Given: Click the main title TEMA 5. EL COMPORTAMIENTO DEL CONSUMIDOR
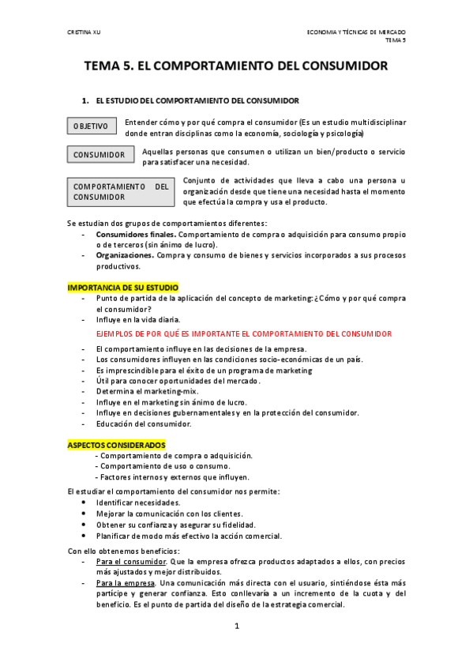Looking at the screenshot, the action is tap(236, 67).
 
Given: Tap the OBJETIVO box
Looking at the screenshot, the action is tap(92, 126).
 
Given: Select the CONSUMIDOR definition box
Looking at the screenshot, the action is tap(99, 155).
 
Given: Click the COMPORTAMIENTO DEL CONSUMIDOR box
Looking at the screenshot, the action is tap(121, 191).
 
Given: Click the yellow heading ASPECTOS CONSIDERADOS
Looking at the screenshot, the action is tap(116, 445).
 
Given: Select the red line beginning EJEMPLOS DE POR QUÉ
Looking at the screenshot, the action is tap(243, 334).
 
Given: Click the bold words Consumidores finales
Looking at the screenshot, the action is tap(134, 235).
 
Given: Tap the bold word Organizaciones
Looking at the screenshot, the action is tap(124, 256).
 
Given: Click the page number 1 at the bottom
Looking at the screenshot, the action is tap(236, 627).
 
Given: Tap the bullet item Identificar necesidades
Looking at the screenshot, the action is tap(138, 502).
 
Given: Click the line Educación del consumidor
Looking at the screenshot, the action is tap(143, 423).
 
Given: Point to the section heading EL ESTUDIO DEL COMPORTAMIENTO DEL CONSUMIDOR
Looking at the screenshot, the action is tap(197, 101).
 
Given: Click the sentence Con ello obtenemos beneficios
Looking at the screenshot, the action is tap(124, 551).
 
